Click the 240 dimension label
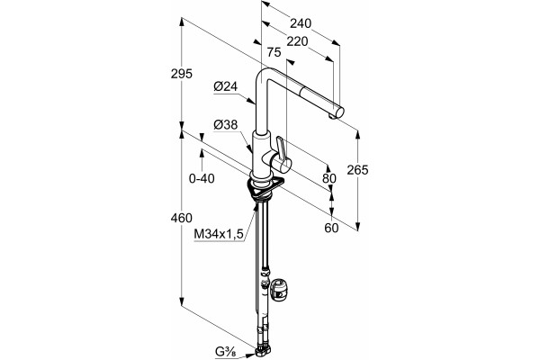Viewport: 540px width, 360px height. coord(301,23)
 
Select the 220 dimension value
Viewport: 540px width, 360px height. coord(297,41)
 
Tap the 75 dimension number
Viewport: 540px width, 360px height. coord(274,52)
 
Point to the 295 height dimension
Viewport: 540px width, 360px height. coord(182,74)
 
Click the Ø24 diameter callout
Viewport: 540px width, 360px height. coord(226,86)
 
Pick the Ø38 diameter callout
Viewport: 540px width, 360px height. coord(226,125)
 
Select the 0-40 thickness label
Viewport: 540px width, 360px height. coord(202,178)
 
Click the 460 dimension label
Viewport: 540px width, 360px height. coord(182,218)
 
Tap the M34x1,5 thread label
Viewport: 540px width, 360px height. coord(219,234)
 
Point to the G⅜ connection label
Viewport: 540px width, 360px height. coord(226,353)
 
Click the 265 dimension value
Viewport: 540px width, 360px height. coord(357,170)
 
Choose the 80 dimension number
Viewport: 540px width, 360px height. coord(329,178)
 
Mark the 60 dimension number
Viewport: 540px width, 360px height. coord(331,228)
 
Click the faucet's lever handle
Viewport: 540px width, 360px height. coord(281,151)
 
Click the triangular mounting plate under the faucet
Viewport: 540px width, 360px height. coord(265,188)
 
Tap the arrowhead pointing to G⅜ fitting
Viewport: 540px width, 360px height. coord(250,355)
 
